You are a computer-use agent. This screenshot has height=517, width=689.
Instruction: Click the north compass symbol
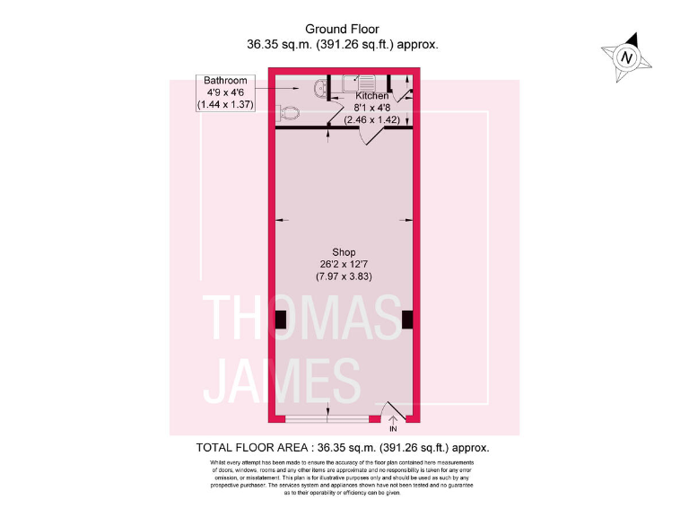(x=626, y=57)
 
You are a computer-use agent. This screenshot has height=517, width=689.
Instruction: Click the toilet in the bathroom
(x=288, y=114)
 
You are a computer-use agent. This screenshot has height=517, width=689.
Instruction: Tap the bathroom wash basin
(x=320, y=87)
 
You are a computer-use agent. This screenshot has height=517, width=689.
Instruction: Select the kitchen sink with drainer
(x=353, y=84)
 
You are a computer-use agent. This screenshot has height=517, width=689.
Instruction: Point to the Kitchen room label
(x=372, y=95)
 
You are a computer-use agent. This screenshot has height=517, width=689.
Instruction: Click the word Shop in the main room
(x=344, y=251)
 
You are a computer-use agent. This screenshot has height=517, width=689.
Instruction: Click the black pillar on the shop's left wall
(x=280, y=319)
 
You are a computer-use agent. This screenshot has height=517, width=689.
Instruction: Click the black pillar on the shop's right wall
(x=407, y=319)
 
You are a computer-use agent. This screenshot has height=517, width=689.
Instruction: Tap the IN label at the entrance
(x=392, y=429)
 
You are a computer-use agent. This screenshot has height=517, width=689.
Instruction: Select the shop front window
(x=327, y=419)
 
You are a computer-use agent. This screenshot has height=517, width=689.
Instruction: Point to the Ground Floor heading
(x=343, y=29)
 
